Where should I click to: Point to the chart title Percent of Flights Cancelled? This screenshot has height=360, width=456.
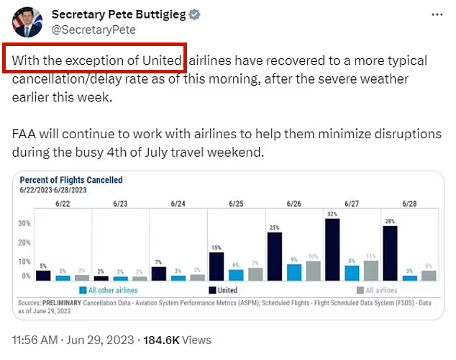click(x=71, y=180)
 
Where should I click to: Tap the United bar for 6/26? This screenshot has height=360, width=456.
click(x=274, y=256)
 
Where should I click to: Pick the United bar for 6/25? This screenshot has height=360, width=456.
click(x=216, y=266)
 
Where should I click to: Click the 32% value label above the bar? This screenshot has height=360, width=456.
click(x=332, y=215)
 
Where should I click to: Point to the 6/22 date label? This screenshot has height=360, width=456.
click(x=63, y=204)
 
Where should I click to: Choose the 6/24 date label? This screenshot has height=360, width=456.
click(x=178, y=204)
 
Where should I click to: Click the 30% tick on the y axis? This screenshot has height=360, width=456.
click(x=24, y=224)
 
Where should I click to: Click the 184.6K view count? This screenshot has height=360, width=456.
click(x=167, y=339)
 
